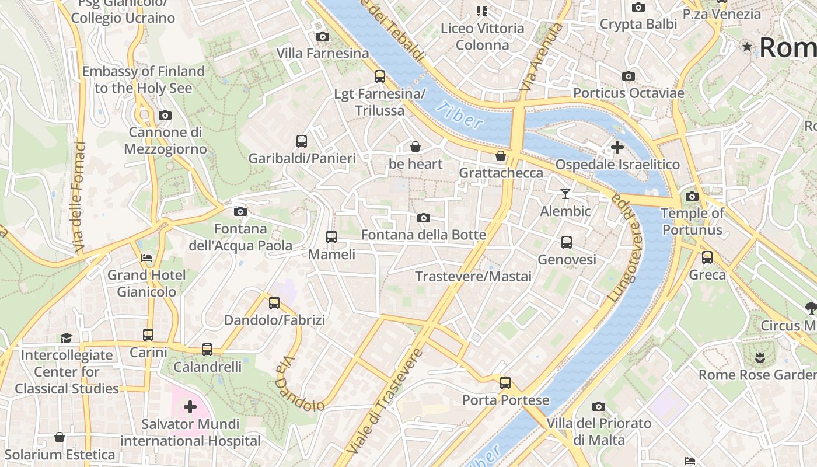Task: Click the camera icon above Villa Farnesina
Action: coord(322,37)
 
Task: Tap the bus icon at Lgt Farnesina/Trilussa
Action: coord(380,76)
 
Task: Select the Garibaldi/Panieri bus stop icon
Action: coord(302,141)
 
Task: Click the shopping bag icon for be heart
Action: coord(416,147)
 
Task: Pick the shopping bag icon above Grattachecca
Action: coord(501,156)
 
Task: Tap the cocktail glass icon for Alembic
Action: coord(565,194)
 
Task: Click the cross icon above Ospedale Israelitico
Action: coord(617,147)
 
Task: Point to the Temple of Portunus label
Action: coord(692,221)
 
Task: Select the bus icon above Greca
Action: coord(707,257)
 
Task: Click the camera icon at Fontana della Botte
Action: coord(424,218)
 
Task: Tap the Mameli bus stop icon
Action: coord(331,237)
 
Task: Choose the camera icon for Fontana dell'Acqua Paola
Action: coord(240,212)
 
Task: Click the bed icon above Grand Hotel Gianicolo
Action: coord(146,257)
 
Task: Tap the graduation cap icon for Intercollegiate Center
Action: coord(66,338)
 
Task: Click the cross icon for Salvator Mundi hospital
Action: coord(190,407)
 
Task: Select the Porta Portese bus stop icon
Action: coord(505,384)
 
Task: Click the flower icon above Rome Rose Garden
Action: coord(759,357)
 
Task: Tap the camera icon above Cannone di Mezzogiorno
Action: coord(165,116)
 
